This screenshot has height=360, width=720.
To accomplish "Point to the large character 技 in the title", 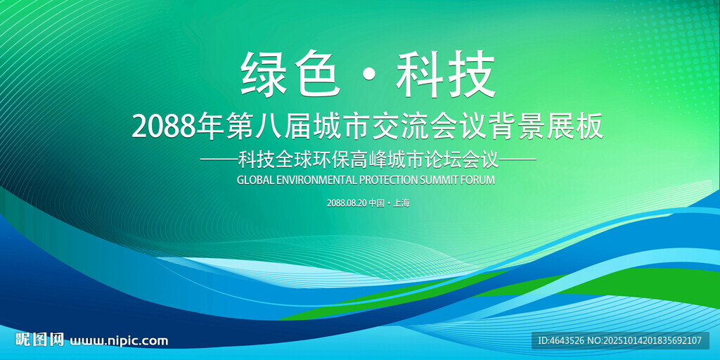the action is (x=472, y=73).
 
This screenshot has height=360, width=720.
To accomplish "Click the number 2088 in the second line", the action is (x=163, y=128).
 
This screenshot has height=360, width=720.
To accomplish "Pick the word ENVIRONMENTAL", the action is (x=315, y=180).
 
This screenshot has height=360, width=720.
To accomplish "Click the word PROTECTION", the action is (x=388, y=180).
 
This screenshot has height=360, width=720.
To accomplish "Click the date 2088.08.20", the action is (x=347, y=203).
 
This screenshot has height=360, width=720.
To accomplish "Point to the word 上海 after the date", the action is (x=401, y=203).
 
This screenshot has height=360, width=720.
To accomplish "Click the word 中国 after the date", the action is (x=377, y=203).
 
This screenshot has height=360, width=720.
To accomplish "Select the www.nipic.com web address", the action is (x=118, y=341).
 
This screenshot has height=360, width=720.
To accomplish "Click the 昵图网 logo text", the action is (x=39, y=340).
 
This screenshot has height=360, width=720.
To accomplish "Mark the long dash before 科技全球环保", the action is (x=219, y=160).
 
